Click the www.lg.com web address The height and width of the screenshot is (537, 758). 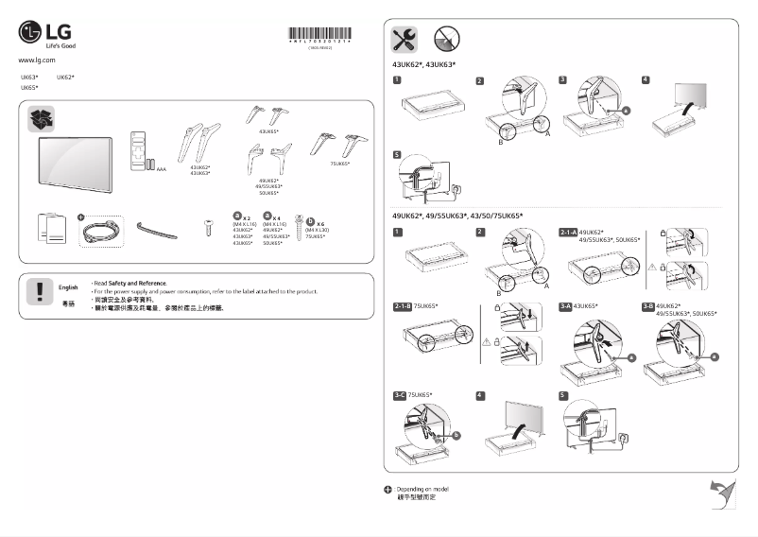pyautogui.click(x=31, y=60)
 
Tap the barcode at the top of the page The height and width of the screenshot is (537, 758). pyautogui.click(x=319, y=38)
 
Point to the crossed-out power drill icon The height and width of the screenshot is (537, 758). pyautogui.click(x=445, y=39)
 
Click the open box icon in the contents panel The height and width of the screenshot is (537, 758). pyautogui.click(x=43, y=119)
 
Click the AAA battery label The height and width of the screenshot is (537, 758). pyautogui.click(x=161, y=169)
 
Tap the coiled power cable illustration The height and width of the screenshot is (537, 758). pyautogui.click(x=100, y=228)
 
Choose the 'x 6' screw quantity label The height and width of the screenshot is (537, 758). pyautogui.click(x=320, y=223)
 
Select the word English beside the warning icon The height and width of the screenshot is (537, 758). pyautogui.click(x=68, y=286)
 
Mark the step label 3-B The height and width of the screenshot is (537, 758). pyautogui.click(x=648, y=306)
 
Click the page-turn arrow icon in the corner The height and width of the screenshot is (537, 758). pyautogui.click(x=722, y=492)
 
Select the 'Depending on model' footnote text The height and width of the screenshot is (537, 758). pyautogui.click(x=422, y=488)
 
